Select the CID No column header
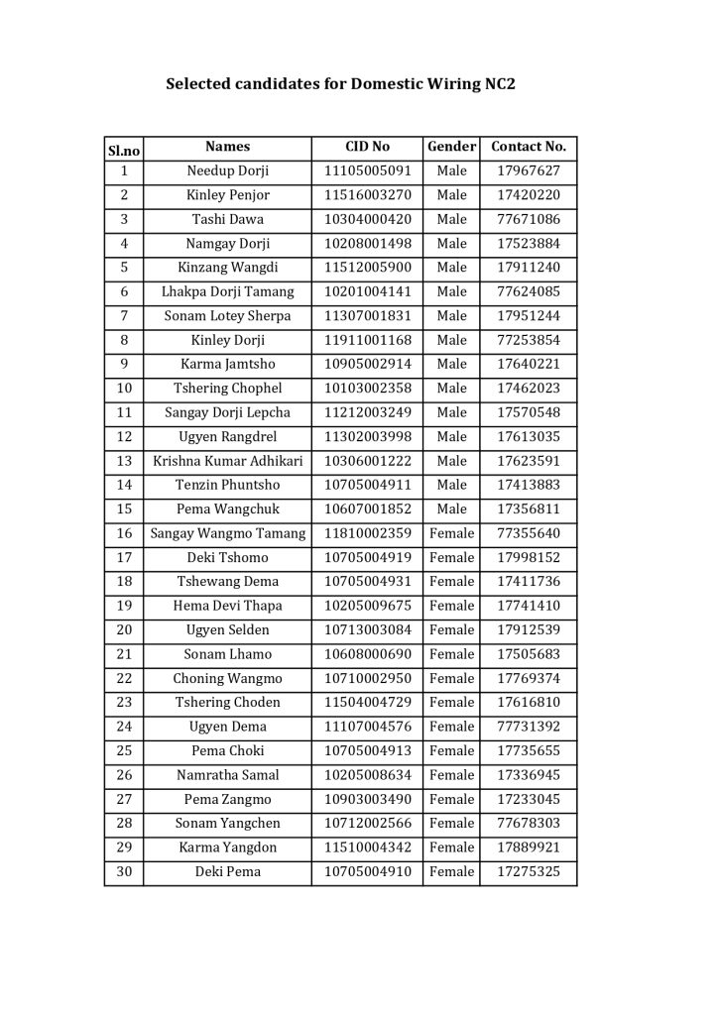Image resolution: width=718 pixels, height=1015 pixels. point(367,147)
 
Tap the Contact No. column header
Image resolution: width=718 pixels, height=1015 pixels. point(529,147)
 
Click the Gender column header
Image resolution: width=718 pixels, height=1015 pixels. point(451,147)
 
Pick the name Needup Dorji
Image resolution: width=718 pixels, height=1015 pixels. point(228,171)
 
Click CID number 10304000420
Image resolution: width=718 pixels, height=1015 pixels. point(367,219)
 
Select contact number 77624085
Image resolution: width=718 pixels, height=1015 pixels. point(529,291)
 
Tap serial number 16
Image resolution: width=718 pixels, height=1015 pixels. point(124,533)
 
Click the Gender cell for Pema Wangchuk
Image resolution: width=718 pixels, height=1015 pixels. point(451,509)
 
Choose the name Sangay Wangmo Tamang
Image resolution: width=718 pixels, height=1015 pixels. point(228,533)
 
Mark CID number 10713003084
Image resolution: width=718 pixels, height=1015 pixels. point(367,630)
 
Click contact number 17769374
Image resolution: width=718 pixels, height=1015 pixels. point(529,678)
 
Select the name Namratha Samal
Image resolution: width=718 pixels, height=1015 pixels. point(228,775)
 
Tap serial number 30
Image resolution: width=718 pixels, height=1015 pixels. point(124,872)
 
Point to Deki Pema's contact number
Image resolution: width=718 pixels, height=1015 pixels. point(529,872)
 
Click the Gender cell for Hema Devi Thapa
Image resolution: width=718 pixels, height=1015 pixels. point(451,606)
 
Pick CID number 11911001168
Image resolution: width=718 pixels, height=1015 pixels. point(367,340)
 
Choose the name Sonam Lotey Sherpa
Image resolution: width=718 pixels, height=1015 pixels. point(228,316)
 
